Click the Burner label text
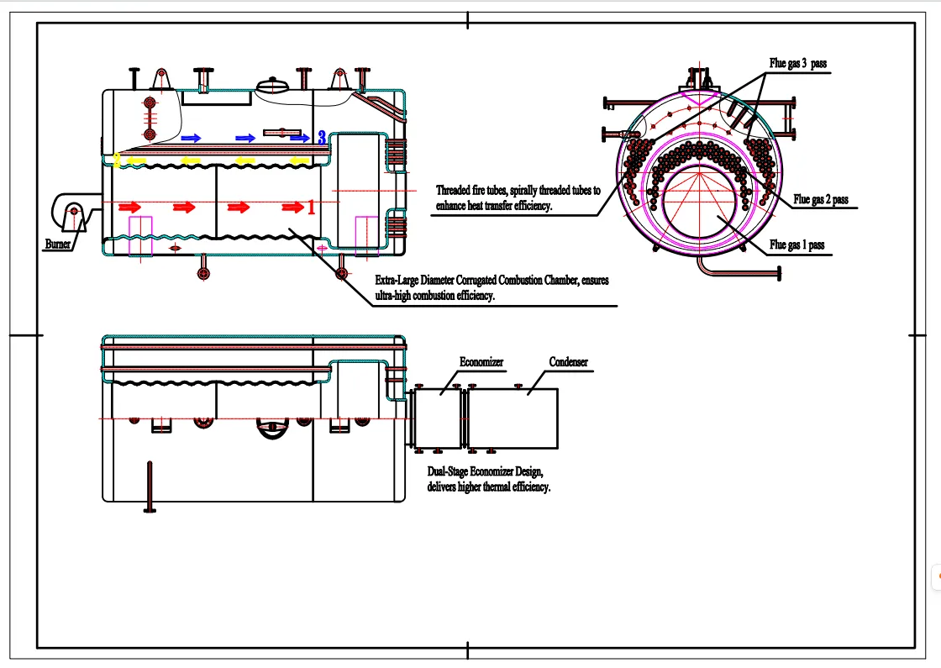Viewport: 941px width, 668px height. tap(57, 245)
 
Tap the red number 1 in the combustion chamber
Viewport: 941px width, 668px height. tap(311, 207)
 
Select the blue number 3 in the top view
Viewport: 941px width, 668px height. tap(322, 138)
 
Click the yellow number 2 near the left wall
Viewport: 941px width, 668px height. tap(117, 160)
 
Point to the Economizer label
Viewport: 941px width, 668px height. tap(481, 362)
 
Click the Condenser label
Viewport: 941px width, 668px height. tap(569, 362)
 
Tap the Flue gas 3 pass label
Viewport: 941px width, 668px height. tap(799, 63)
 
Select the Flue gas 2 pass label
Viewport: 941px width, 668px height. tap(821, 200)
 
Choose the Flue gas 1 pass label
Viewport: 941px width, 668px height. tap(797, 245)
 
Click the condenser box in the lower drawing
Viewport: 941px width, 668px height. tap(513, 418)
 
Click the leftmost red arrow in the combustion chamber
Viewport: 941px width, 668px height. tap(129, 206)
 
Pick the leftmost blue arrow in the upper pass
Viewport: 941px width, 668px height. tap(192, 137)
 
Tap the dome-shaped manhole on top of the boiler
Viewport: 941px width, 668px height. tap(272, 86)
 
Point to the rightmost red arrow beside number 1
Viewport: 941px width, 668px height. tap(292, 207)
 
